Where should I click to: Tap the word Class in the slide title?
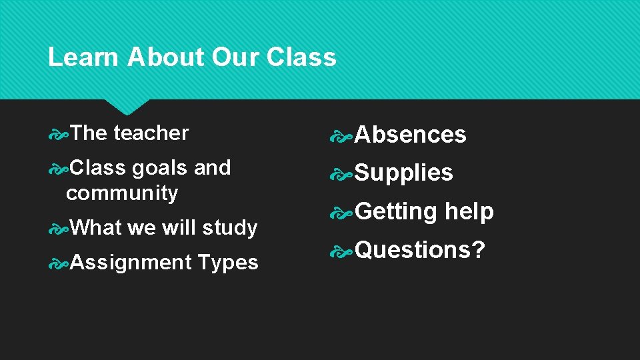pyautogui.click(x=301, y=57)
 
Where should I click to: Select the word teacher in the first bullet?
pyautogui.click(x=151, y=133)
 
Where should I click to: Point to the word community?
pyautogui.click(x=122, y=193)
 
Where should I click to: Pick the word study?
pyautogui.click(x=229, y=228)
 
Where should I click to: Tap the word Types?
pyautogui.click(x=228, y=263)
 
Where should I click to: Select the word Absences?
pyautogui.click(x=410, y=135)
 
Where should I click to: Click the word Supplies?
pyautogui.click(x=403, y=173)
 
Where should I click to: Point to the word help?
pyautogui.click(x=469, y=211)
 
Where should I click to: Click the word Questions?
pyautogui.click(x=419, y=250)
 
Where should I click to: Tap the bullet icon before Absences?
pyautogui.click(x=344, y=135)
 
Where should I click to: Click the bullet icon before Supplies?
pyautogui.click(x=344, y=174)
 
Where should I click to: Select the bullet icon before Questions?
pyautogui.click(x=344, y=251)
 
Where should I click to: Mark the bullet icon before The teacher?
pyautogui.click(x=59, y=133)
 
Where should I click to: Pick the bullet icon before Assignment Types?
pyautogui.click(x=59, y=263)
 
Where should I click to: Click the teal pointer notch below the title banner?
pyautogui.click(x=127, y=106)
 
